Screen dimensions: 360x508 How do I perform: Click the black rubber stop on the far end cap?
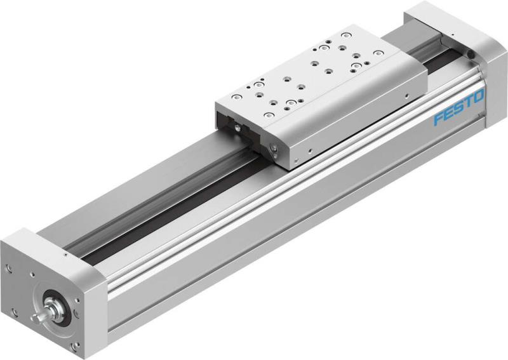(x=471, y=56)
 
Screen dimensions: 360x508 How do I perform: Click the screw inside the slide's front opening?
(x=237, y=128)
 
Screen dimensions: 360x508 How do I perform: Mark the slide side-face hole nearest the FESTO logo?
(x=404, y=97)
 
